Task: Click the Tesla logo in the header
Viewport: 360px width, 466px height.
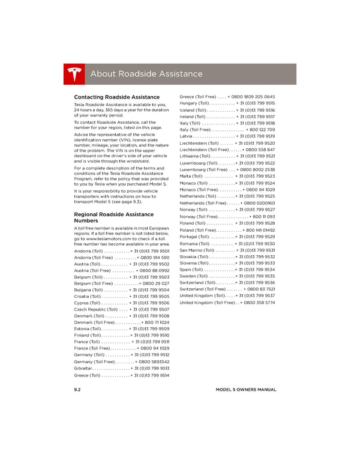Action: point(74,73)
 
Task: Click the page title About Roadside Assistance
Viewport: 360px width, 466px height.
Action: point(146,74)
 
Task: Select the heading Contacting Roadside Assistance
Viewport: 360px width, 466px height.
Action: point(116,97)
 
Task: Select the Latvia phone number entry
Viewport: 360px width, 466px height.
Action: point(227,136)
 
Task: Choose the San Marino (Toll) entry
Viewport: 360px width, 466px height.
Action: point(227,250)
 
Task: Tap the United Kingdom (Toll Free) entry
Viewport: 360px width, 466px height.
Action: point(227,303)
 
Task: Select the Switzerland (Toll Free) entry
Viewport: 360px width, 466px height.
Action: point(227,289)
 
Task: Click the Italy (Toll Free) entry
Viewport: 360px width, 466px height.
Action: point(227,129)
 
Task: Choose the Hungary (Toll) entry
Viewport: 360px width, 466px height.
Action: point(227,103)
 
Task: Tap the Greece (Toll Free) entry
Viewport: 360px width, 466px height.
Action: point(227,97)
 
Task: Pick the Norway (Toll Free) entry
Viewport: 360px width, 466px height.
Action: point(227,216)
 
